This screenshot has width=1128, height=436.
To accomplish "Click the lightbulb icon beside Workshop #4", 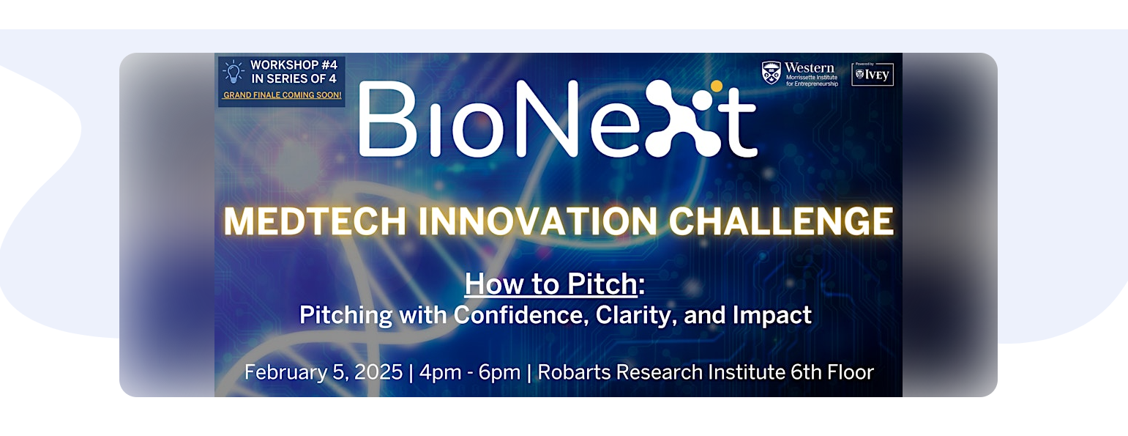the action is coord(234,72).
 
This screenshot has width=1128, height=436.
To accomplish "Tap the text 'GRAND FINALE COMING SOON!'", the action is coord(283,95).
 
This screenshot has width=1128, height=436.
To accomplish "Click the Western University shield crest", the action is coord(771,73).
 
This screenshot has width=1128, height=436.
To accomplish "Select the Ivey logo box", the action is coord(873,74).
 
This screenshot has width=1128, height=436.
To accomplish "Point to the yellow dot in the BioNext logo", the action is coord(717,86).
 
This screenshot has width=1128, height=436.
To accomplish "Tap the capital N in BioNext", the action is coord(546,119).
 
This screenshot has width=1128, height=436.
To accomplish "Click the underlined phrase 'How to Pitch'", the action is coord(551,284).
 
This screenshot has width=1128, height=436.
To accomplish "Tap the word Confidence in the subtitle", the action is coord(521,315).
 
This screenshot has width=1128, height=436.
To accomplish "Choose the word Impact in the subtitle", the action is coord(772,316).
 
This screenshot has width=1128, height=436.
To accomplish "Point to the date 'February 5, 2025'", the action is coord(324,372).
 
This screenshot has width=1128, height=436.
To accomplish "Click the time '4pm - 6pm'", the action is coord(469,372).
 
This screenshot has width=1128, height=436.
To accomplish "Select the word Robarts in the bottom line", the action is coord(574,372).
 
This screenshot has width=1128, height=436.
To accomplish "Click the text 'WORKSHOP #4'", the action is coord(294,65).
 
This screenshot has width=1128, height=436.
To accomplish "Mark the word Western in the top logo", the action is coord(810,67).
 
